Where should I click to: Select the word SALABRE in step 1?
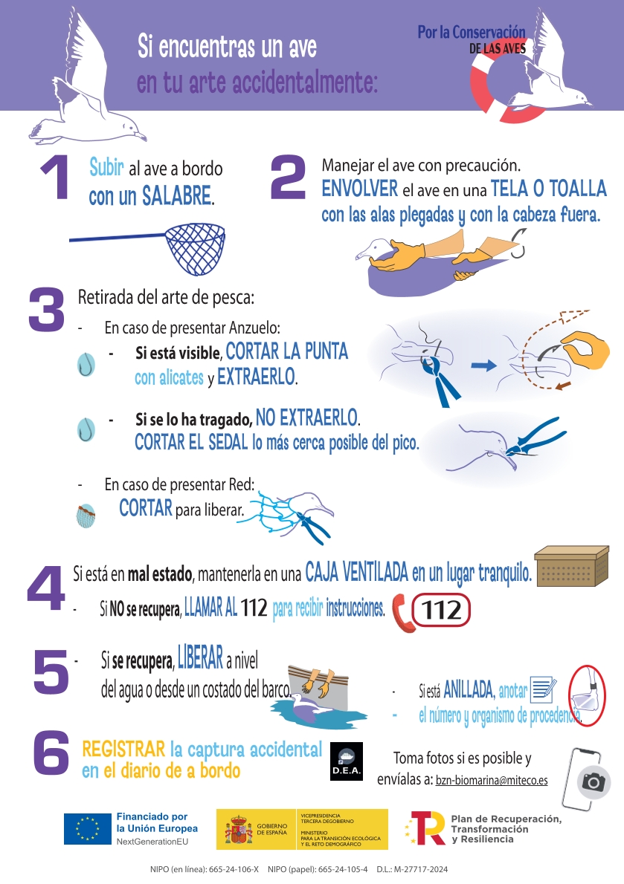coord(177,195)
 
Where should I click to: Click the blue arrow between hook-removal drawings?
coord(483,366)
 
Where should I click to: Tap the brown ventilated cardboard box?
coord(571,566)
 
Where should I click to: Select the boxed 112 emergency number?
coord(441,610)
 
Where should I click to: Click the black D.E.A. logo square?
coord(346,761)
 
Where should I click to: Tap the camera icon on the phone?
coord(594,782)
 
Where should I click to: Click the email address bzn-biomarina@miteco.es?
coord(492,780)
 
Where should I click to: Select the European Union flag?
coord(88,829)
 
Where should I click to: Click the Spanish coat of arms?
coord(239,829)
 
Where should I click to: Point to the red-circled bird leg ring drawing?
coord(587,696)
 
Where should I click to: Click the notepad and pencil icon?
coord(544,689)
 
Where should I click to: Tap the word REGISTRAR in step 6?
coord(123,750)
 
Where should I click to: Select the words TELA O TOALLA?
coord(548,188)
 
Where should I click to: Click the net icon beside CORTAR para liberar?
coord(86,516)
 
